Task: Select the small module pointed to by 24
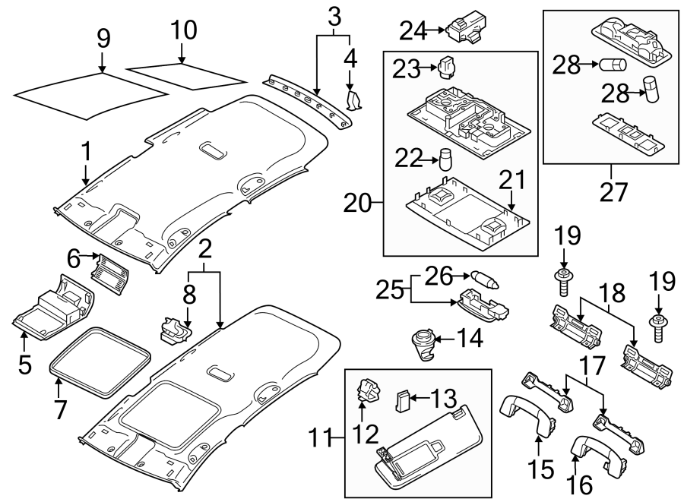[464, 30]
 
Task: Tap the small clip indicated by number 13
[404, 399]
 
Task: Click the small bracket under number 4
[353, 101]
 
